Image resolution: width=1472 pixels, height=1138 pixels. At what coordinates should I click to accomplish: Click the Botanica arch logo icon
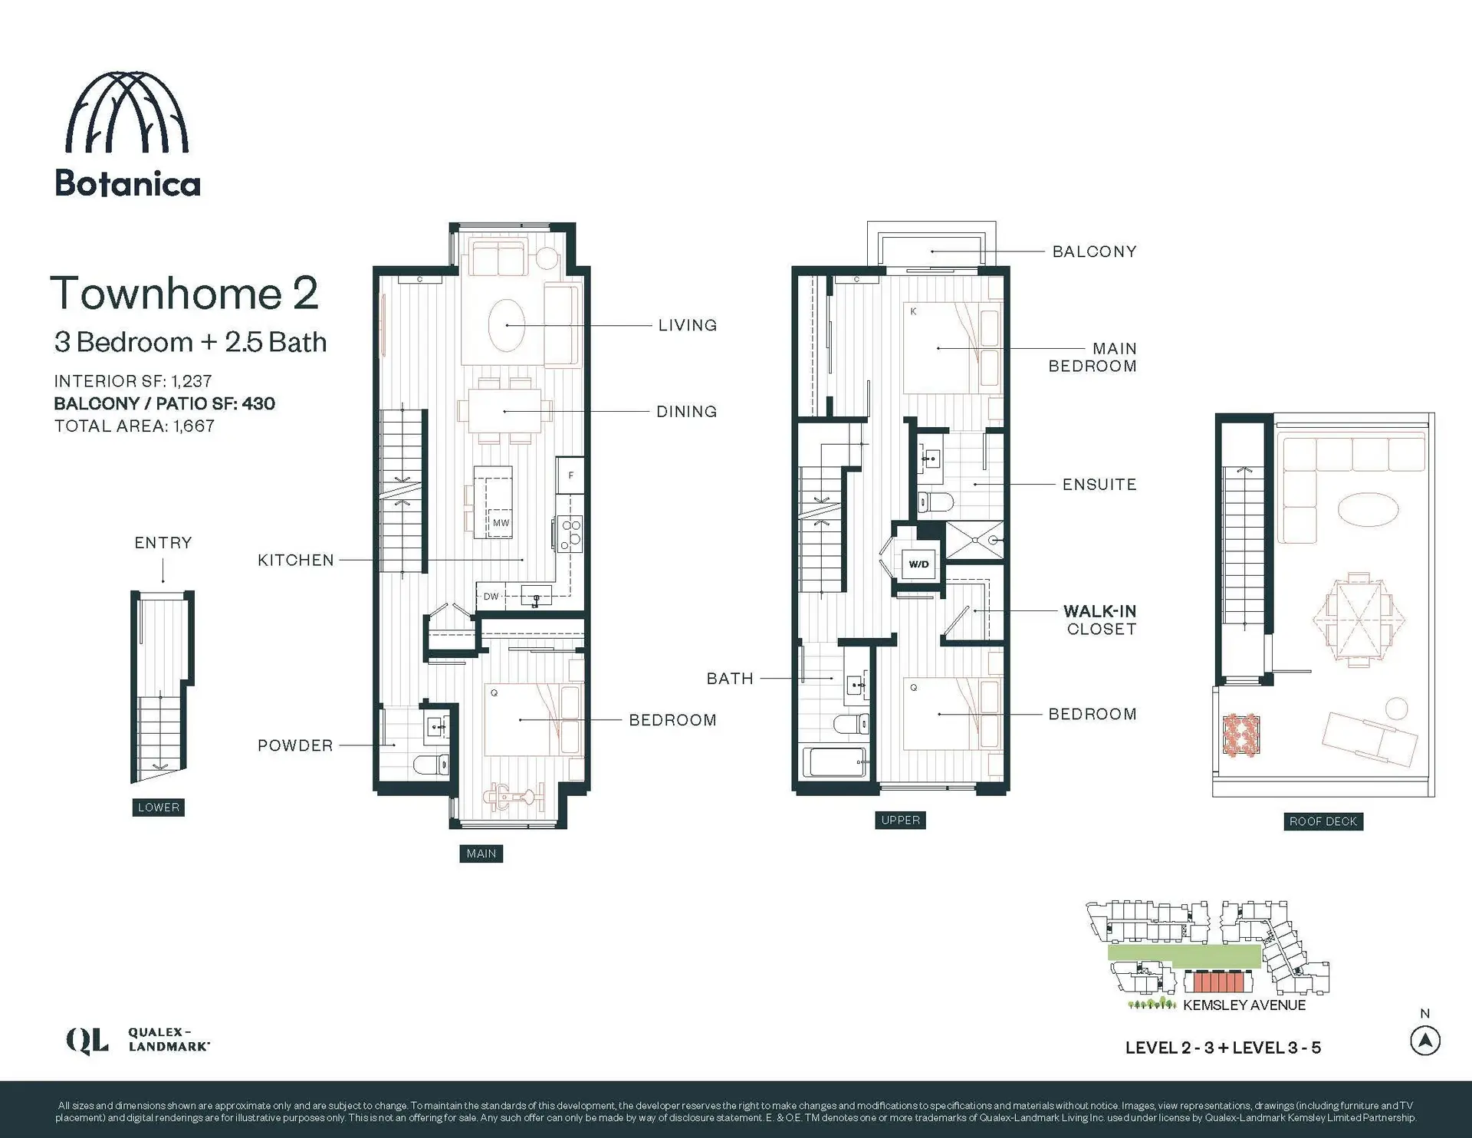pyautogui.click(x=127, y=113)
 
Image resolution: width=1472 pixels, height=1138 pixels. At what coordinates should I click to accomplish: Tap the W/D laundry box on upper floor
pyautogui.click(x=918, y=564)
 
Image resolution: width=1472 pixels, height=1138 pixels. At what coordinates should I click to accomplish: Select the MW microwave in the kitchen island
pyautogui.click(x=501, y=522)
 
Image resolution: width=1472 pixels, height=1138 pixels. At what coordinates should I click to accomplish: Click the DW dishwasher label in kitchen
pyautogui.click(x=491, y=596)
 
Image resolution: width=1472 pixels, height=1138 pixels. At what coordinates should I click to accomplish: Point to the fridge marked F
pyautogui.click(x=570, y=475)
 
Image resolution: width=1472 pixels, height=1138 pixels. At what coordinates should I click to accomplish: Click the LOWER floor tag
pyautogui.click(x=158, y=807)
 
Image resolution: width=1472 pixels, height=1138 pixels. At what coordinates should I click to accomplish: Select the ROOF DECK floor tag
pyautogui.click(x=1322, y=821)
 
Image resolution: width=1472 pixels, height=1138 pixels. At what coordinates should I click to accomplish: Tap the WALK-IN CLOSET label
pyautogui.click(x=1100, y=620)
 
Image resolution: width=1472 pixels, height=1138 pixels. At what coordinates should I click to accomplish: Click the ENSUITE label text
pyautogui.click(x=1099, y=485)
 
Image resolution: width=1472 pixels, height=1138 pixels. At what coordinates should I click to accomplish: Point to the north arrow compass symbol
pyautogui.click(x=1424, y=1041)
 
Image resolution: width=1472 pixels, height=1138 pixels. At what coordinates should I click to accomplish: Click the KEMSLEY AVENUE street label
pyautogui.click(x=1244, y=1005)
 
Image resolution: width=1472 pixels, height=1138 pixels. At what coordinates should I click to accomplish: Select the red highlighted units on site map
pyautogui.click(x=1217, y=982)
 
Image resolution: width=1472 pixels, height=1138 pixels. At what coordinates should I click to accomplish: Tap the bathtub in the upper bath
pyautogui.click(x=835, y=762)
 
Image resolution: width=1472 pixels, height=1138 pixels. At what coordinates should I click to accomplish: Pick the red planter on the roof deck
pyautogui.click(x=1240, y=735)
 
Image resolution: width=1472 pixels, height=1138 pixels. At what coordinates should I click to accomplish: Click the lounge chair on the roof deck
pyautogui.click(x=1369, y=736)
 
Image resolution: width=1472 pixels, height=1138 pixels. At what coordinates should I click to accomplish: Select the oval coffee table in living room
pyautogui.click(x=507, y=325)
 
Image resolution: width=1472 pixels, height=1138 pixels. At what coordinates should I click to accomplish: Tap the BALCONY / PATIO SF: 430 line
pyautogui.click(x=164, y=403)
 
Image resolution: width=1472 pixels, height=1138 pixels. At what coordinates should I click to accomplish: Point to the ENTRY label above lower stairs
pyautogui.click(x=163, y=543)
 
